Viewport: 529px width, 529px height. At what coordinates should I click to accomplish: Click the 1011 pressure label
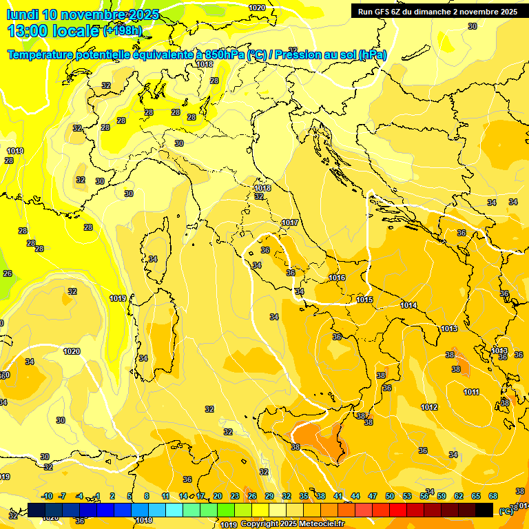(471, 392)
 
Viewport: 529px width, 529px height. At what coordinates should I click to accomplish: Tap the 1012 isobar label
(429, 407)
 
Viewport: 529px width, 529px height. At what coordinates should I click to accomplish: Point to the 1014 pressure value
(408, 305)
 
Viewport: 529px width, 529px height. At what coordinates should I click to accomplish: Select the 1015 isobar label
(365, 300)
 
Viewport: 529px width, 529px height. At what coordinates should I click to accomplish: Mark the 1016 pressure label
(337, 278)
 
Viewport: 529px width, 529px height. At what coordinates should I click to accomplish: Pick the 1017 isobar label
(290, 222)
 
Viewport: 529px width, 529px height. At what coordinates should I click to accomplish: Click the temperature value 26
(8, 273)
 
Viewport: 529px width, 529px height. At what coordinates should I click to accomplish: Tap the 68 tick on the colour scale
(493, 496)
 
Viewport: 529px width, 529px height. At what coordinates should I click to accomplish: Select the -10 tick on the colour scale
(48, 496)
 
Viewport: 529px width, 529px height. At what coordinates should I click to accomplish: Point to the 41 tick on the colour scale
(338, 496)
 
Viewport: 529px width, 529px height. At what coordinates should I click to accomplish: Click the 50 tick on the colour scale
(390, 496)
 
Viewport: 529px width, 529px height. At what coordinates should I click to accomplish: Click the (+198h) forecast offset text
(123, 31)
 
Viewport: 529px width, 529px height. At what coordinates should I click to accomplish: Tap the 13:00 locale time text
(52, 31)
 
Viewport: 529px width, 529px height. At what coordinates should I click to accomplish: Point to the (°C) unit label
(506, 510)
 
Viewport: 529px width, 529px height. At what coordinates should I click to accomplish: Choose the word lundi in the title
(23, 14)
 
